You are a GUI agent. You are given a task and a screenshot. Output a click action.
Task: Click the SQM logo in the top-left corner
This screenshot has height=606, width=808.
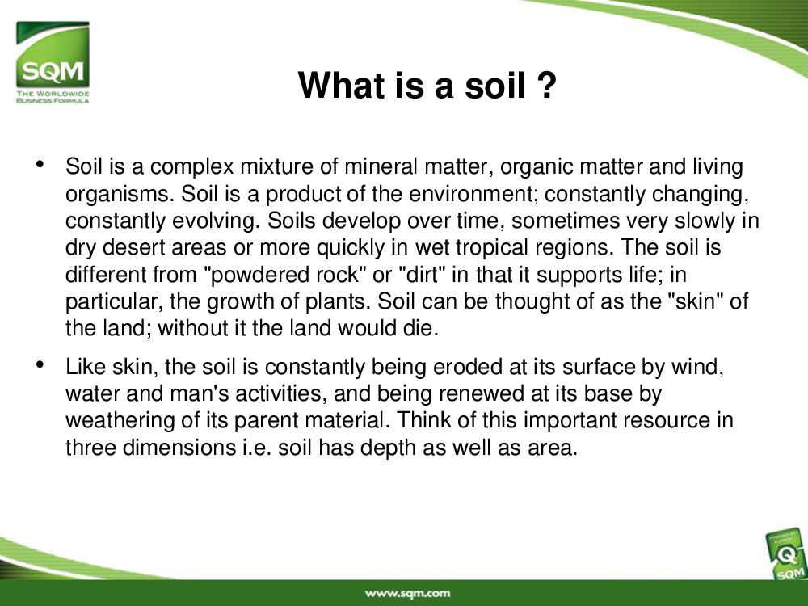(x=53, y=62)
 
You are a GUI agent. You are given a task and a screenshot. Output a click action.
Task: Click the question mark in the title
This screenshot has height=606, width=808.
(x=546, y=85)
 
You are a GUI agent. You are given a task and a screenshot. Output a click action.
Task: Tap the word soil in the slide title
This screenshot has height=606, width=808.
(x=495, y=85)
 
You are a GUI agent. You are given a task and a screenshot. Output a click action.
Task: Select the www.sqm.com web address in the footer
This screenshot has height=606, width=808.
(x=407, y=594)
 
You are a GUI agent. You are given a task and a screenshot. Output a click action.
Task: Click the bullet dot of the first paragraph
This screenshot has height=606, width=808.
(x=40, y=164)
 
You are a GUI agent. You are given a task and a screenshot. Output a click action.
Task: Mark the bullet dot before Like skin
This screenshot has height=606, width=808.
(x=40, y=364)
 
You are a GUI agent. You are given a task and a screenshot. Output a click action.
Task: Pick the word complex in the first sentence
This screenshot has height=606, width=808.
(x=191, y=167)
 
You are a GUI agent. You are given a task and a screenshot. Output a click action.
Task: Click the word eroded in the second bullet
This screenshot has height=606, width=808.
(x=468, y=367)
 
